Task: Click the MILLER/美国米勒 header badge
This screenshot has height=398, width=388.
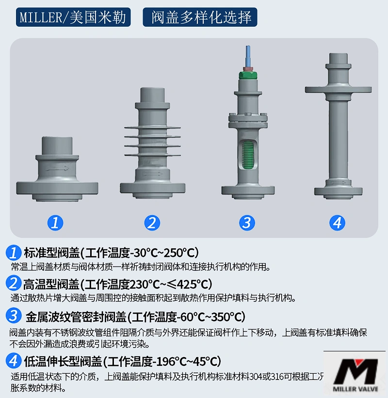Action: [74, 17]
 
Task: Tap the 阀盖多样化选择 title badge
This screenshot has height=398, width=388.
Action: [200, 17]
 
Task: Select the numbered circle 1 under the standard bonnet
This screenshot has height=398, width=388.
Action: [55, 223]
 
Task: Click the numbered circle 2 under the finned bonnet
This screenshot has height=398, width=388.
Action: [152, 223]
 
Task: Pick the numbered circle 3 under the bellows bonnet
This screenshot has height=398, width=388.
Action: [247, 223]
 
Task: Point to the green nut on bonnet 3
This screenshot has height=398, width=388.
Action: [248, 74]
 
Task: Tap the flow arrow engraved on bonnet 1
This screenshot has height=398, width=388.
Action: [58, 168]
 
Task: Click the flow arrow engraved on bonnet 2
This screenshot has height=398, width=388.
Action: [153, 173]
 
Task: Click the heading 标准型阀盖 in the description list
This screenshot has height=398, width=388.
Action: [51, 253]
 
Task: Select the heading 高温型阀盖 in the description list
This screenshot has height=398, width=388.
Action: [51, 284]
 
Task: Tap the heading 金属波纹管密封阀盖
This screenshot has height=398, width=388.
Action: [75, 317]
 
